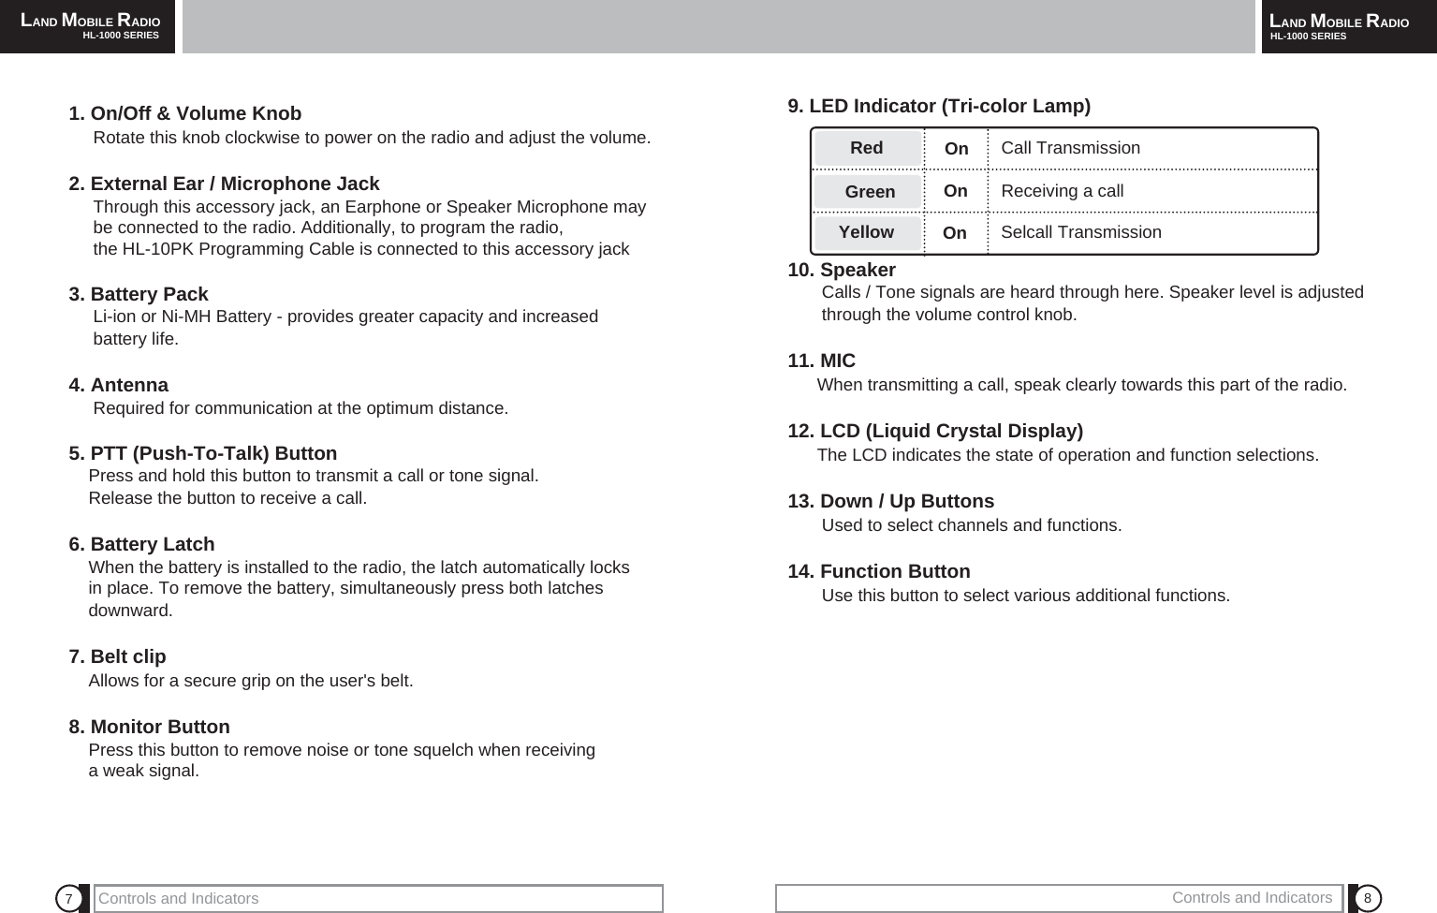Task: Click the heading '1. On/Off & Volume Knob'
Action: coord(185,114)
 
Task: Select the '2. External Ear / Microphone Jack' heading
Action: coord(225,184)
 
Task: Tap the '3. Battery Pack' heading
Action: coord(139,295)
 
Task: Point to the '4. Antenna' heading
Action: coord(119,386)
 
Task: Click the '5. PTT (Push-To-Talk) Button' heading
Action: coord(203,454)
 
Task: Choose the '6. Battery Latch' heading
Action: coord(141,545)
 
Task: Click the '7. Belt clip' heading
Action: coord(118,657)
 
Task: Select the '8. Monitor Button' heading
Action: coord(150,728)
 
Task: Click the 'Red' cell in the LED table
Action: coord(867,148)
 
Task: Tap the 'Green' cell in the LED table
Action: coord(870,192)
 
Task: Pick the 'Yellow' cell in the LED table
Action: coord(866,232)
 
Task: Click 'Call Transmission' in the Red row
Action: coord(1070,148)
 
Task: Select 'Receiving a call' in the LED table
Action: coord(1062,191)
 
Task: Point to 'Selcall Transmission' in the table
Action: coord(1080,232)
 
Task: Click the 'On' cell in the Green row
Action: coord(956,191)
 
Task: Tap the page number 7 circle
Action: coord(68,899)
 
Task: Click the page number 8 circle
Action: coord(1368,899)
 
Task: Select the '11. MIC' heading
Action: coord(822,361)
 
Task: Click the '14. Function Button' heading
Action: coord(879,572)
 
